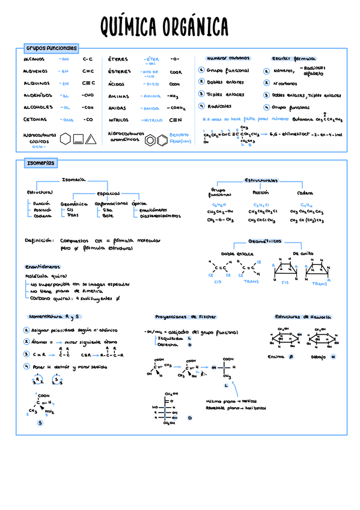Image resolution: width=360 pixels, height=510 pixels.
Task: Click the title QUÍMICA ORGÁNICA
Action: tap(164, 27)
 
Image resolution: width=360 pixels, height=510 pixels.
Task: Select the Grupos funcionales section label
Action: tap(51, 48)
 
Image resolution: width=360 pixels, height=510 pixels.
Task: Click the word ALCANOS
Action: tap(34, 60)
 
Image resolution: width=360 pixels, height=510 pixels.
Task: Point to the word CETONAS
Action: tap(35, 120)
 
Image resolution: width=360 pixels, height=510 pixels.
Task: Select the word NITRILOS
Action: tap(118, 120)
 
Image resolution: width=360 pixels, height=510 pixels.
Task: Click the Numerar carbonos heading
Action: tap(228, 58)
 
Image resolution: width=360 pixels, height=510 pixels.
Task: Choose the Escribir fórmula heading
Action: tap(293, 58)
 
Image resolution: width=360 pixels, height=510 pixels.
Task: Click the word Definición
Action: tap(39, 240)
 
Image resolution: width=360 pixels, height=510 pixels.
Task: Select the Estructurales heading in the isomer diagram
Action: tap(261, 180)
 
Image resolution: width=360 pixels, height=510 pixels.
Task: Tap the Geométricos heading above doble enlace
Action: tap(265, 241)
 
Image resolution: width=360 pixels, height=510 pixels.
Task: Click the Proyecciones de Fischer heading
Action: tap(186, 316)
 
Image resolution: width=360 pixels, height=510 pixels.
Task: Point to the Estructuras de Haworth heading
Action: tap(303, 316)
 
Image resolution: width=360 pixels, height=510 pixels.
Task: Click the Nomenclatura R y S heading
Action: tap(55, 316)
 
